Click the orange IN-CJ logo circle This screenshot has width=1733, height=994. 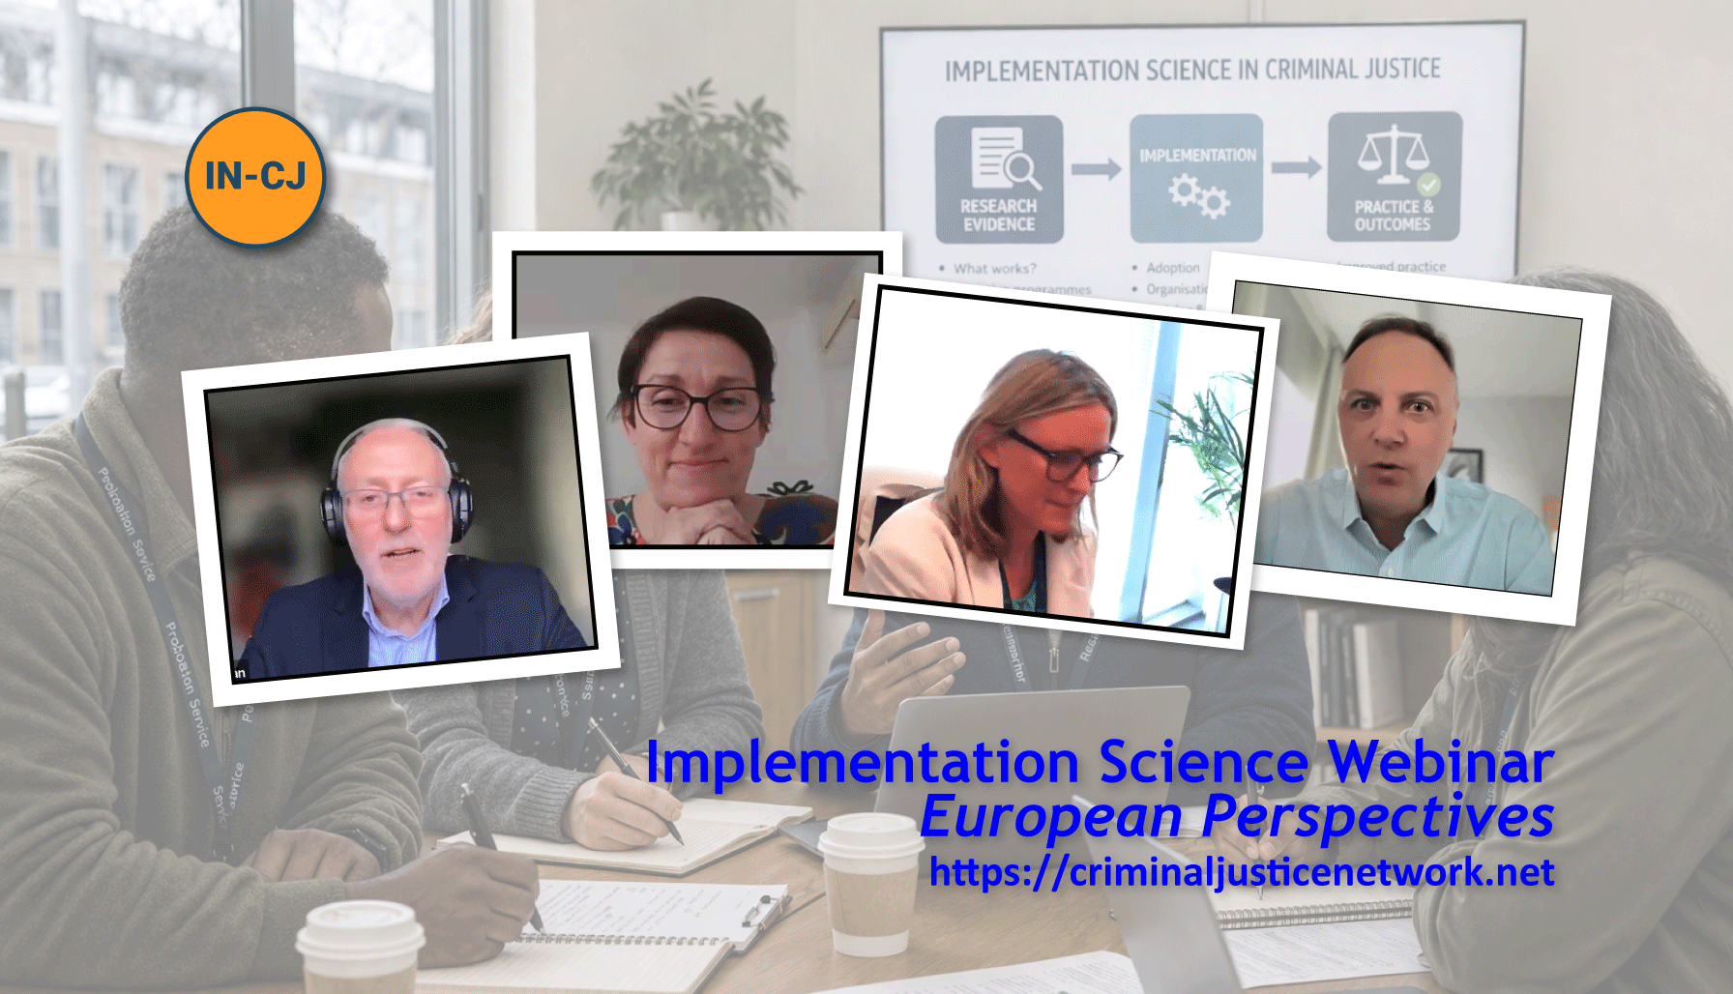(255, 176)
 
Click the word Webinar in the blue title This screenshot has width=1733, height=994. (1441, 762)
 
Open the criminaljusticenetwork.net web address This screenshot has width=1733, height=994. (1242, 872)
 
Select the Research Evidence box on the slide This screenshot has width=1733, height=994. (999, 179)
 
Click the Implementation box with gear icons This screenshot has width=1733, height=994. (1196, 179)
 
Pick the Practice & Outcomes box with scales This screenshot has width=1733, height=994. (1394, 176)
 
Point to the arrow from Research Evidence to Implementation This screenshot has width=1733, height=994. (1096, 170)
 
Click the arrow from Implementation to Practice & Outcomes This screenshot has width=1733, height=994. (1296, 168)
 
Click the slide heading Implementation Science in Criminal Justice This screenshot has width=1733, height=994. (1192, 70)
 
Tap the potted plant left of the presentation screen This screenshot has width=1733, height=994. (695, 155)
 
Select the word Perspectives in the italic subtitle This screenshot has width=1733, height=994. (1378, 817)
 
